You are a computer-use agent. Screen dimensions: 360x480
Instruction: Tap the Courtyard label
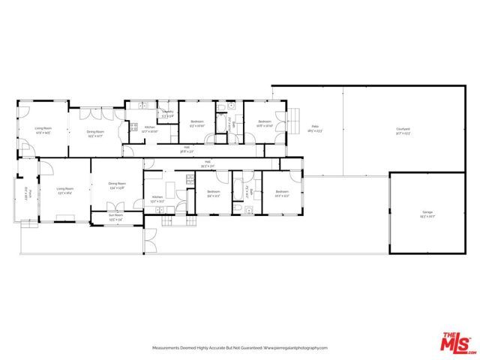(403, 130)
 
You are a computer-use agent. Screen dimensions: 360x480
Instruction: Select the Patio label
(315, 128)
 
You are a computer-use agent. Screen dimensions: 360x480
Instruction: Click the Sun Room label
(106, 218)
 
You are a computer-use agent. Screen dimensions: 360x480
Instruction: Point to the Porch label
(25, 193)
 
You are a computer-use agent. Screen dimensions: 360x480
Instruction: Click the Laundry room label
(167, 114)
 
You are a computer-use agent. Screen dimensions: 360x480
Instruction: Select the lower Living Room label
(64, 190)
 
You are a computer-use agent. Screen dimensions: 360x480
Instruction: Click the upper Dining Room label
(95, 134)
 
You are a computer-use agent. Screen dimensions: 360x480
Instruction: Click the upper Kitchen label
(150, 128)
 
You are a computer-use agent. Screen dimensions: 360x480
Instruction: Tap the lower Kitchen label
(157, 198)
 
